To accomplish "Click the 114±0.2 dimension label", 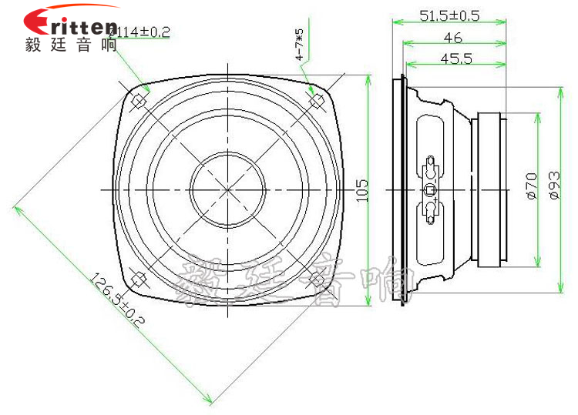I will pyautogui.click(x=140, y=32).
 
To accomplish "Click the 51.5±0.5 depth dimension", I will pyautogui.click(x=449, y=15).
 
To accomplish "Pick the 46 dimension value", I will pyautogui.click(x=452, y=38).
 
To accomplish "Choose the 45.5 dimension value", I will pyautogui.click(x=455, y=59).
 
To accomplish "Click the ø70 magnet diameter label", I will pyautogui.click(x=531, y=188).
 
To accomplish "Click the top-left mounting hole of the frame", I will pyautogui.click(x=139, y=101).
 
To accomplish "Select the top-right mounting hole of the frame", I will pyautogui.click(x=315, y=101).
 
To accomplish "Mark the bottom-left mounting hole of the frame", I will pyautogui.click(x=139, y=279).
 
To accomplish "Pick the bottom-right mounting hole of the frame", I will pyautogui.click(x=315, y=279).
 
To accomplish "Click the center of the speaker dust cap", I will pyautogui.click(x=227, y=190).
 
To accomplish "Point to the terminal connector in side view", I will pyautogui.click(x=430, y=189).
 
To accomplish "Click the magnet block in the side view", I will pyautogui.click(x=490, y=189).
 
